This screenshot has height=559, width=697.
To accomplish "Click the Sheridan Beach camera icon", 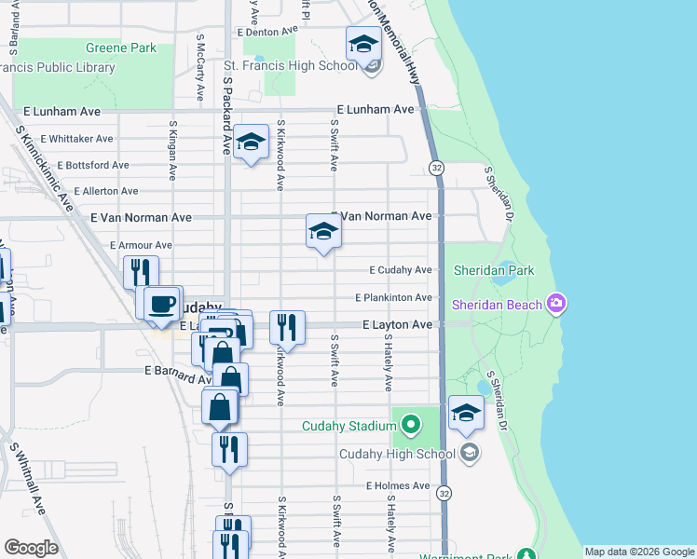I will [556, 304].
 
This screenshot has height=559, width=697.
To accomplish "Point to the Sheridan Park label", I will [494, 270].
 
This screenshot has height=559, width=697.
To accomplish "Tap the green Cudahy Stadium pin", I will [410, 427].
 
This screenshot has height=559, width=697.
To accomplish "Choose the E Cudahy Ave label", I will [401, 270].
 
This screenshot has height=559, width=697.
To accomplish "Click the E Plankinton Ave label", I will [394, 298].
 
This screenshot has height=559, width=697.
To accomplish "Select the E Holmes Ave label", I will [396, 485].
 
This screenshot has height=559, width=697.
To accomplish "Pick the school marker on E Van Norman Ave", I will [323, 231].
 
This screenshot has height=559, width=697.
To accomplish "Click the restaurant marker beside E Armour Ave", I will [140, 271].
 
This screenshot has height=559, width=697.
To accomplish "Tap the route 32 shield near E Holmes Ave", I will [444, 492].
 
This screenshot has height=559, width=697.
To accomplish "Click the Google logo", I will [31, 548].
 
